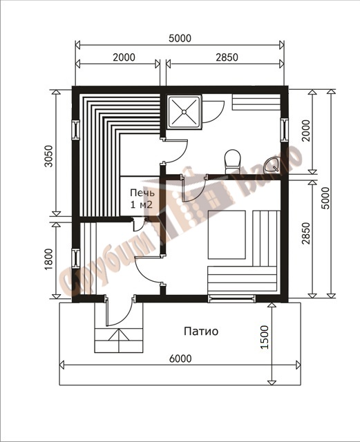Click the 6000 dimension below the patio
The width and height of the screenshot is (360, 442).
pos(180,358)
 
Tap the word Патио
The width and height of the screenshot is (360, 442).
pos(201,331)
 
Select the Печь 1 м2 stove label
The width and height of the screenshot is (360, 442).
pos(142,199)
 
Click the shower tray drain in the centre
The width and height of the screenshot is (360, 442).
pos(184,112)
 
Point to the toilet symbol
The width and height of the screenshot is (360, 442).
pos(232,161)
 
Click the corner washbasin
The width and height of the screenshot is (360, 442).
pos(272,166)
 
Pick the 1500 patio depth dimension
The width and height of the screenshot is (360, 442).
pos(265,338)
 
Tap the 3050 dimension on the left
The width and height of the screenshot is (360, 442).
pos(48,156)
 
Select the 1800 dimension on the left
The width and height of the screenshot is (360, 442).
pos(48,259)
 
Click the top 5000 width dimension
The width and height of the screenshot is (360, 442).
pos(180,39)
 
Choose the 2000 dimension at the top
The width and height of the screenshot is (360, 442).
pos(124,57)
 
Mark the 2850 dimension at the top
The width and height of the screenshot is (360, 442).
pos(227,57)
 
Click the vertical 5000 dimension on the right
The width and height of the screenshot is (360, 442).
pos(325,198)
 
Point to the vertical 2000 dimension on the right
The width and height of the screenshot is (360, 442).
pos(306,131)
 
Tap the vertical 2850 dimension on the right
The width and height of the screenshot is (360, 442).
pos(306,233)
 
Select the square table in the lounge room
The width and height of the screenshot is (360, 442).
pos(227,235)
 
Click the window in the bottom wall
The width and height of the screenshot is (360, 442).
pos(231,298)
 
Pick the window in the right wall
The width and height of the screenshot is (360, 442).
pos(285,130)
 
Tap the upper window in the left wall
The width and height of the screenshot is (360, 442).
pos(76,130)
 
